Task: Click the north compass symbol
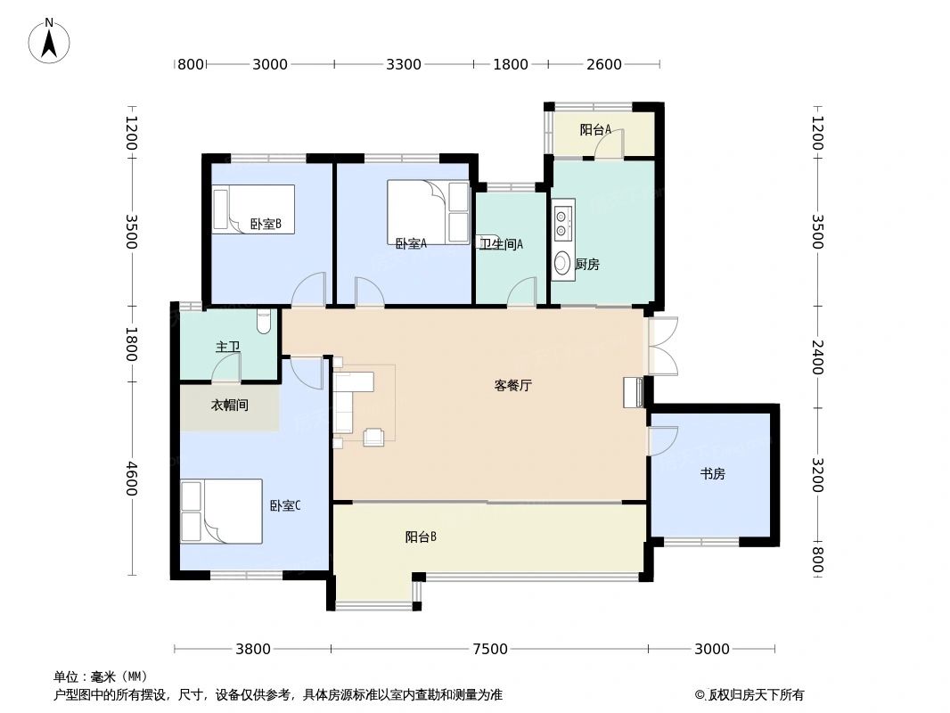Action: [x=50, y=40]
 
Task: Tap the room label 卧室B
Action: [x=266, y=225]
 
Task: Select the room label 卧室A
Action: [x=411, y=243]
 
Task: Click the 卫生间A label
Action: [x=502, y=244]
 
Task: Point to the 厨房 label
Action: [x=587, y=265]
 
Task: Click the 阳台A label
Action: [x=595, y=130]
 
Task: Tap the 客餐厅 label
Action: [x=513, y=386]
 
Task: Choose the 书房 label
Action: [x=712, y=474]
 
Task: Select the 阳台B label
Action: [x=421, y=537]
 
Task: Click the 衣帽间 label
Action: [x=229, y=406]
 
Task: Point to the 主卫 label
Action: [x=227, y=347]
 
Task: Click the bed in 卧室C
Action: [x=222, y=512]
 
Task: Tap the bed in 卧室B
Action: [x=253, y=209]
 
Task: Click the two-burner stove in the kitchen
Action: [x=562, y=223]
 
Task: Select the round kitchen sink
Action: [x=562, y=263]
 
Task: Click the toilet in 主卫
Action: [x=262, y=322]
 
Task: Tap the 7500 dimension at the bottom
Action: [x=489, y=649]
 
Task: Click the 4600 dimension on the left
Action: [x=132, y=479]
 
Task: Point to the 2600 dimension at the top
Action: [x=603, y=64]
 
